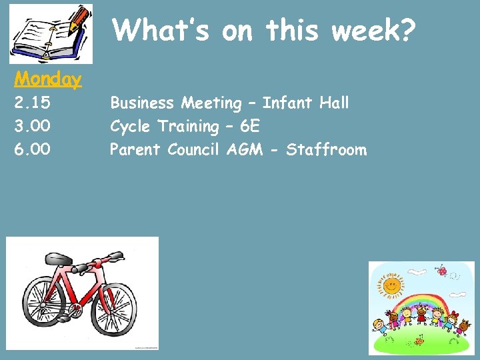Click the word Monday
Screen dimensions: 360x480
tap(48, 79)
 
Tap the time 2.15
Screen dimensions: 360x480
tap(33, 103)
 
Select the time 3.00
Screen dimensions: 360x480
tap(33, 126)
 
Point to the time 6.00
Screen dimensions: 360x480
tap(33, 149)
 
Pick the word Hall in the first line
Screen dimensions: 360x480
tap(333, 103)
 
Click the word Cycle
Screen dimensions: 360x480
tap(131, 126)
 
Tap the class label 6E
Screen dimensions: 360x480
tap(250, 126)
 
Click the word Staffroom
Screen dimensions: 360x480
tap(326, 149)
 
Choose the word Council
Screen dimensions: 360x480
tap(194, 149)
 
